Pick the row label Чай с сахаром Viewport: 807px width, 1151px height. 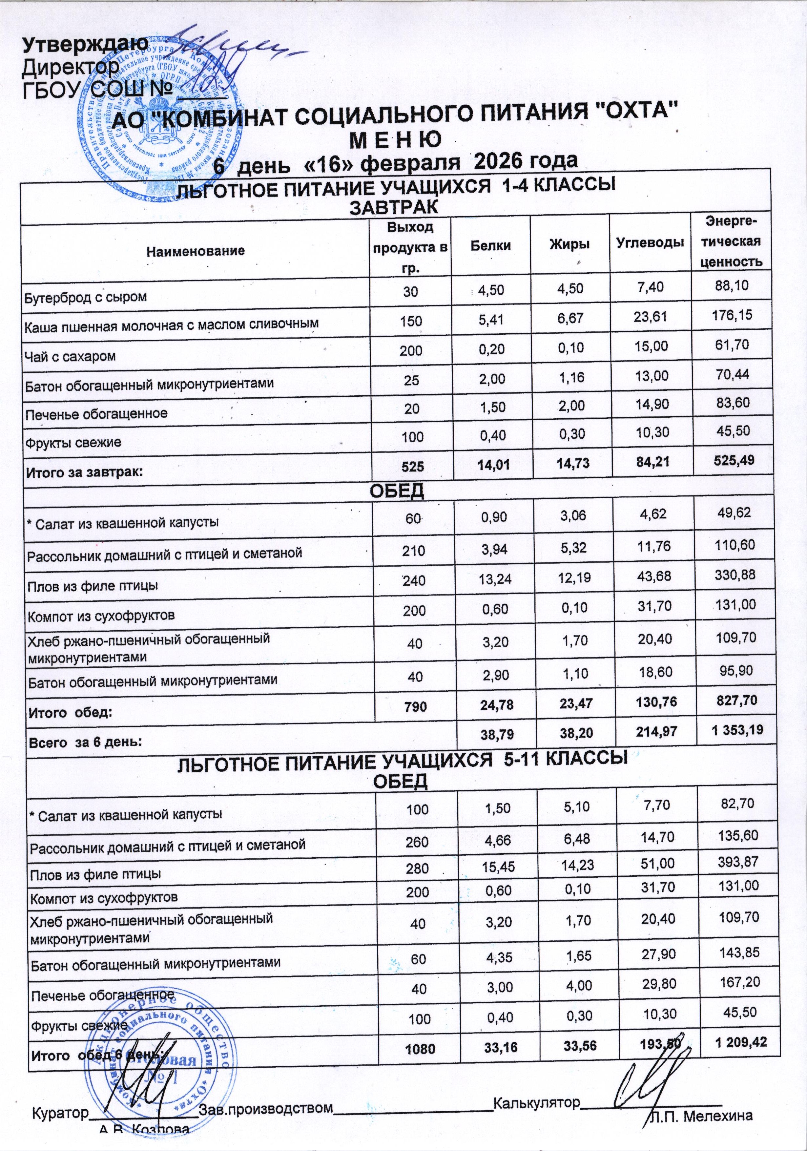(x=70, y=356)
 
